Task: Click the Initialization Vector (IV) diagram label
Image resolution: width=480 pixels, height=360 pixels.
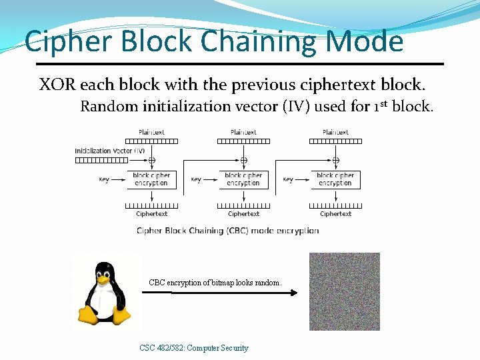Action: pos(109,151)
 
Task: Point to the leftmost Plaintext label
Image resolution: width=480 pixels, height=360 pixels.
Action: pos(152,132)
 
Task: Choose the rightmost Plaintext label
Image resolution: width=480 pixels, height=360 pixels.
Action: pos(335,132)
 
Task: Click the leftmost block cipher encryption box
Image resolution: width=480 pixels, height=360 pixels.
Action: pos(151,179)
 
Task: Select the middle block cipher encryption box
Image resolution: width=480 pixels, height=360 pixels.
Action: pos(243,179)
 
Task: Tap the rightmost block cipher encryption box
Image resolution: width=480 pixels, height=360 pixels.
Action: pos(335,179)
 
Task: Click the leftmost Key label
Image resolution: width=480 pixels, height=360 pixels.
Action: pos(104,179)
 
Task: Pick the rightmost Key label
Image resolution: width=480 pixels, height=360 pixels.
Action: pos(288,179)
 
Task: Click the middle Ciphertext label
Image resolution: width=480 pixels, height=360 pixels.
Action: pos(243,214)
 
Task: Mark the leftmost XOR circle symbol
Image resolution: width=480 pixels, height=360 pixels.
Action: pos(152,160)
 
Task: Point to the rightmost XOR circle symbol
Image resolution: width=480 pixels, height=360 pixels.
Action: pos(336,160)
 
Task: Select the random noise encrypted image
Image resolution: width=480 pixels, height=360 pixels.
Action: pos(344,291)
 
